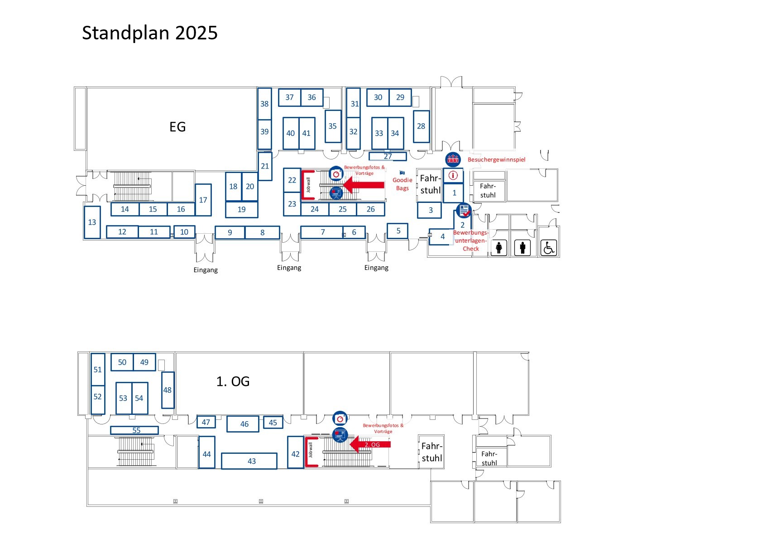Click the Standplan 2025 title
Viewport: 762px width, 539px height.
click(x=150, y=33)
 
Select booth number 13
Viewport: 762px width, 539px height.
click(x=92, y=222)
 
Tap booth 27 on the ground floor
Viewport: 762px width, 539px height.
click(x=388, y=157)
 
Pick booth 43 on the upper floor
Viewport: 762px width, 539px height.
click(x=249, y=461)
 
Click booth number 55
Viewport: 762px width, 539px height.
click(x=134, y=430)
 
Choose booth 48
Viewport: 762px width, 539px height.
click(x=168, y=390)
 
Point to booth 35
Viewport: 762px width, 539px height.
click(x=333, y=126)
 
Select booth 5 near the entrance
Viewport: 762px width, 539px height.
click(x=398, y=231)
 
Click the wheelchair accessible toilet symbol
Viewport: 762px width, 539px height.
click(x=548, y=247)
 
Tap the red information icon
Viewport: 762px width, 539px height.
click(x=453, y=176)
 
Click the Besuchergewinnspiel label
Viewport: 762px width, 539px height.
click(x=496, y=159)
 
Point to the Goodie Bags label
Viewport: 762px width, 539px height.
click(x=403, y=184)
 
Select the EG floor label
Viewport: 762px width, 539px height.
click(x=177, y=126)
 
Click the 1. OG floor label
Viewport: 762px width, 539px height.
click(x=233, y=381)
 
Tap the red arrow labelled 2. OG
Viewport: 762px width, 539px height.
click(x=370, y=444)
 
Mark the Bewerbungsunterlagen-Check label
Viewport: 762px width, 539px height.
click(x=471, y=241)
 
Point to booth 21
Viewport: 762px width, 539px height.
click(x=265, y=166)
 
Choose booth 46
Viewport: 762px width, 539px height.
click(x=243, y=424)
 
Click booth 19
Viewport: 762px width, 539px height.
click(x=242, y=210)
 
